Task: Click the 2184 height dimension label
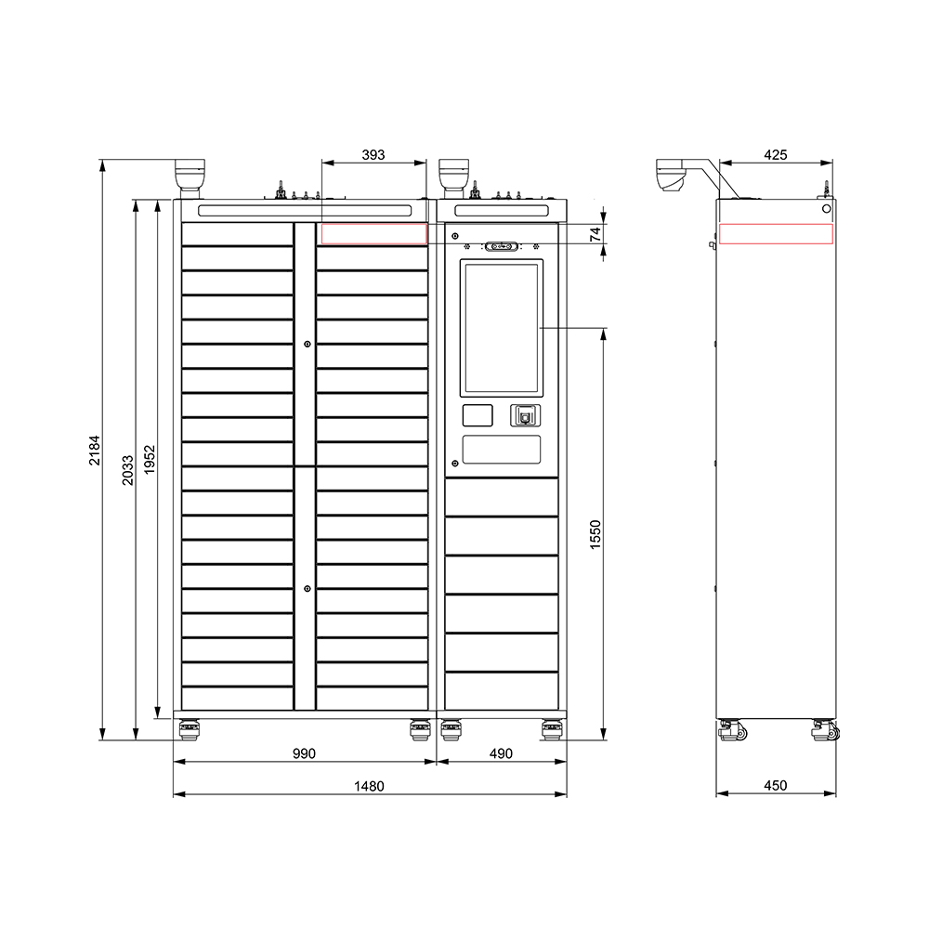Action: click(x=95, y=451)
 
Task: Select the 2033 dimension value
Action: click(x=128, y=470)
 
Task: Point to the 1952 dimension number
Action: click(x=150, y=460)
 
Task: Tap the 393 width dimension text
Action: click(x=373, y=154)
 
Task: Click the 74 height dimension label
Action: click(x=596, y=233)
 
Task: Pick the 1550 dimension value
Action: click(x=595, y=534)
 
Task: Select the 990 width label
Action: click(x=304, y=753)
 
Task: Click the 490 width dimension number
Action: click(x=501, y=753)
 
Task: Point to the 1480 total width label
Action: click(x=369, y=786)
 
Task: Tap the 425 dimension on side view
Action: click(x=776, y=154)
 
